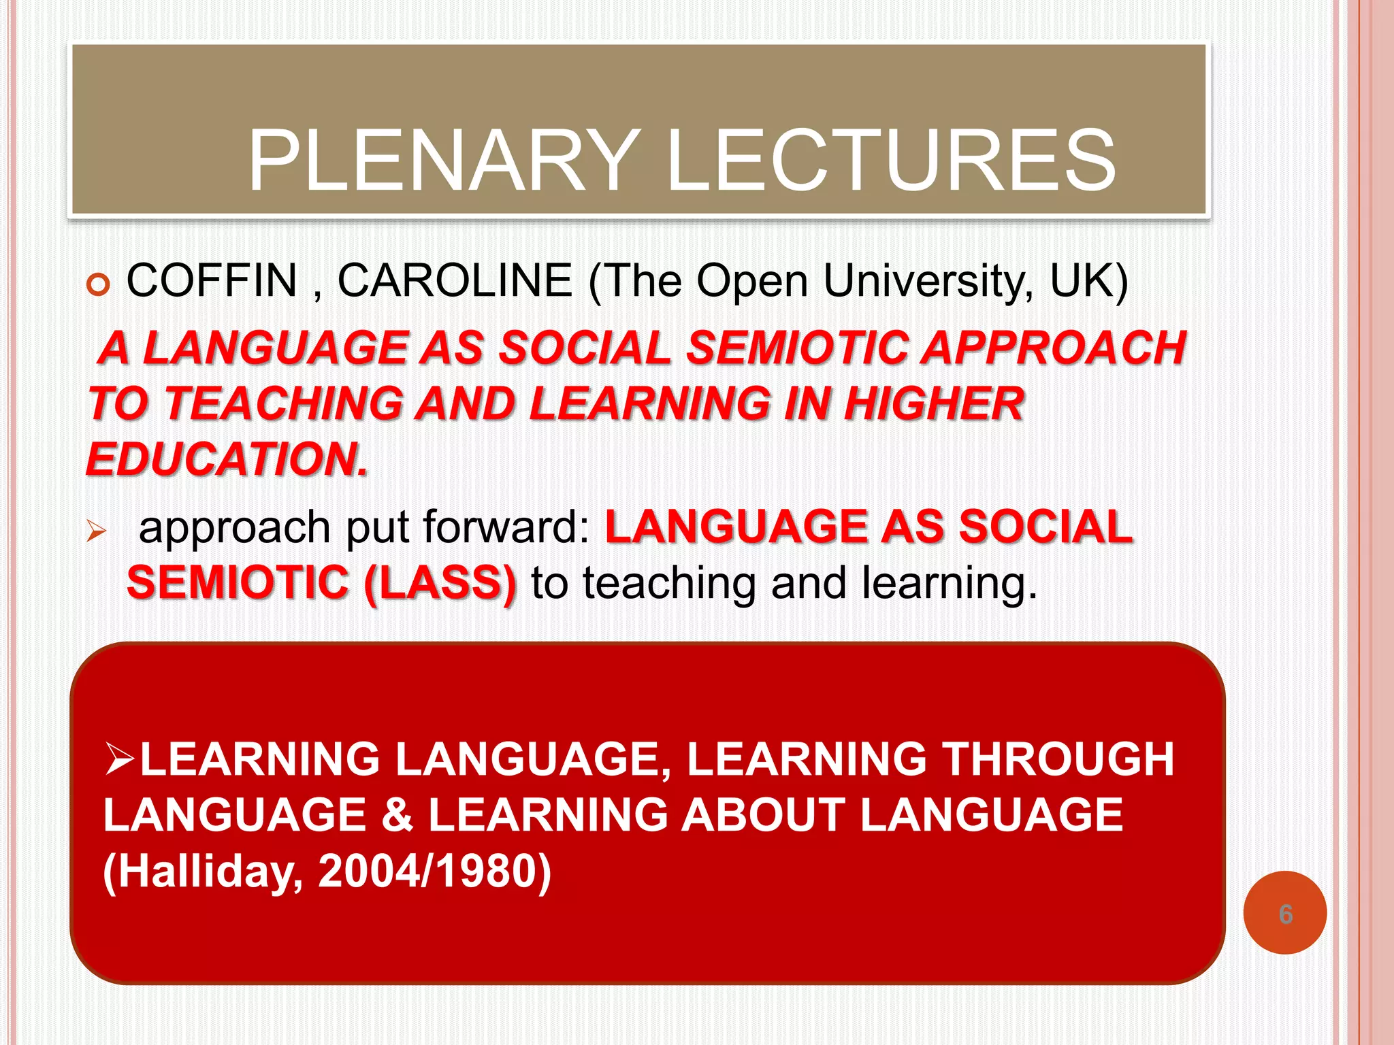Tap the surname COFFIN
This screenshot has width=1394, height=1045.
click(x=212, y=280)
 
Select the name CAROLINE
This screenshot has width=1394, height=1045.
click(x=455, y=280)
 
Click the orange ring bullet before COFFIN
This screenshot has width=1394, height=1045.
click(x=99, y=284)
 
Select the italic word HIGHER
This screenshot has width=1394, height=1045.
click(x=933, y=403)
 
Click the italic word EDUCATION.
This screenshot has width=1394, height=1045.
click(x=227, y=459)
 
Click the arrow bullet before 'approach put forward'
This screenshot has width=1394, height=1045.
click(x=97, y=531)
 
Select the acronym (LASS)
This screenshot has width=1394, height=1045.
click(x=440, y=583)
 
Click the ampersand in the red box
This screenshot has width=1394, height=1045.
click(x=397, y=815)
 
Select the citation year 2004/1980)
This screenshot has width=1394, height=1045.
click(x=434, y=872)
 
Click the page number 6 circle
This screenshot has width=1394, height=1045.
click(x=1284, y=913)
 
